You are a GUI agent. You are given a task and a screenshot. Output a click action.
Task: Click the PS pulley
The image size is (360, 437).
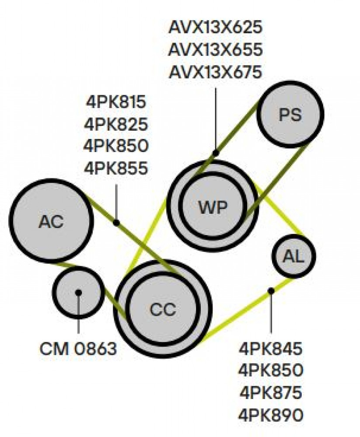(x=290, y=114)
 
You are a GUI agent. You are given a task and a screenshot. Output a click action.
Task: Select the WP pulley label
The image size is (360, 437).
(x=213, y=207)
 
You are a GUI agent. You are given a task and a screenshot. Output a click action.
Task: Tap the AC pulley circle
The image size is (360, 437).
(x=51, y=221)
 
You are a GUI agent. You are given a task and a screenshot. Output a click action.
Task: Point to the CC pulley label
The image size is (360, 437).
(x=163, y=309)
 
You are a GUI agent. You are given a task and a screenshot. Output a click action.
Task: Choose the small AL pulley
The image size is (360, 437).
(x=294, y=256)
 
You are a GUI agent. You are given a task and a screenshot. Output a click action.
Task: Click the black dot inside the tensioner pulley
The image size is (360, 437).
(x=78, y=292)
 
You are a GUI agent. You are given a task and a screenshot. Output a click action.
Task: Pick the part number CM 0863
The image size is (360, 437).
(x=78, y=349)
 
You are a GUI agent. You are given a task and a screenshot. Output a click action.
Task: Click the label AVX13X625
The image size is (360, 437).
(x=216, y=27)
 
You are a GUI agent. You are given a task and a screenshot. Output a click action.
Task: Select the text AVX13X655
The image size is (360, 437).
(x=216, y=50)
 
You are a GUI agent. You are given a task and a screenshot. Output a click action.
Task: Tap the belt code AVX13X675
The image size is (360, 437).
(x=216, y=72)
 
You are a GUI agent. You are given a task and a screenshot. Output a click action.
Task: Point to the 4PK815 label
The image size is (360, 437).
(x=116, y=101)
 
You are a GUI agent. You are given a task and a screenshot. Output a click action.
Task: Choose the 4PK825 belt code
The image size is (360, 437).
(x=116, y=124)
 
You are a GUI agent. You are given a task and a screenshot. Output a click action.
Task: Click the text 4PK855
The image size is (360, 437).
(x=116, y=168)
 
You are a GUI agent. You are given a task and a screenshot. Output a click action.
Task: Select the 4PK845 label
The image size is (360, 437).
(x=270, y=348)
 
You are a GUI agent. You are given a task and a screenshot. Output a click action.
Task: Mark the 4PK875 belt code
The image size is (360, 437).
(x=271, y=392)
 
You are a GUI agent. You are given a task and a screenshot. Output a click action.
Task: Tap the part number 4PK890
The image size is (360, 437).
(x=271, y=415)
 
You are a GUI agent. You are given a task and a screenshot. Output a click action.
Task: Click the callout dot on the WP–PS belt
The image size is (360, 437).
(x=216, y=153)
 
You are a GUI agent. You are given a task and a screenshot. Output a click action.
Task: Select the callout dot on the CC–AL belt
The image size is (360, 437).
(x=271, y=291)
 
